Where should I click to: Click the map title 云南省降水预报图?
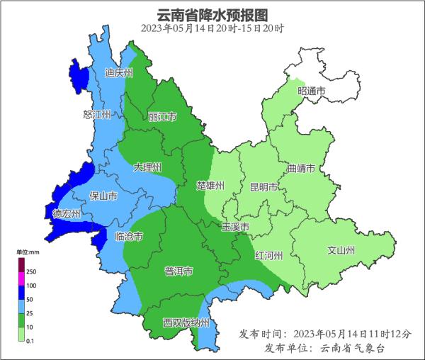212,14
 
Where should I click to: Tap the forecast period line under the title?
212,28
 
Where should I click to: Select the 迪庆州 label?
118,72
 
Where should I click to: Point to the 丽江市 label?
162,116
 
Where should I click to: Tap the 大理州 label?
147,167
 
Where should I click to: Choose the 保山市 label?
103,196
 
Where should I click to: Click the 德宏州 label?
67,213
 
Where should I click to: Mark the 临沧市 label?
128,236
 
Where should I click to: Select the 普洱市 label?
178,271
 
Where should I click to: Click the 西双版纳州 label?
186,322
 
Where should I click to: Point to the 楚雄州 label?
210,186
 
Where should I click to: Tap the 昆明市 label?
263,187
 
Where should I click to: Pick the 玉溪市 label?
234,227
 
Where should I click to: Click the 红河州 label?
269,255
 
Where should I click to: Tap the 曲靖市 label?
302,169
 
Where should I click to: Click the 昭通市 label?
311,91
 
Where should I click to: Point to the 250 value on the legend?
30,271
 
